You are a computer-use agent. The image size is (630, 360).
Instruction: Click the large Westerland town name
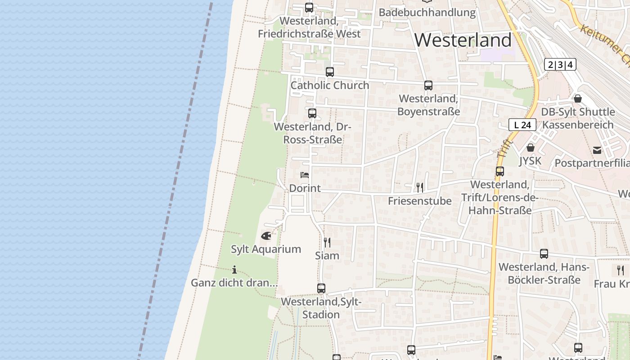[463, 40]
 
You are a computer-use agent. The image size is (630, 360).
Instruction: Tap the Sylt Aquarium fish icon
[266, 236]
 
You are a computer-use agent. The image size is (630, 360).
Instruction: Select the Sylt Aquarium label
[266, 249]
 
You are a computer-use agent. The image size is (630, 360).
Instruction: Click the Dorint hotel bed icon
[305, 175]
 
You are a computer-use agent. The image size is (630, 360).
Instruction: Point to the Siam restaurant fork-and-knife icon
[327, 243]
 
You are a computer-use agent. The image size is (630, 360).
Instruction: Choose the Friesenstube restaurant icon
[419, 188]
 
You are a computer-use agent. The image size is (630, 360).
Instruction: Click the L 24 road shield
[522, 125]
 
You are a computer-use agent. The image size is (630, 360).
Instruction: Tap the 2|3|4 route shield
[560, 65]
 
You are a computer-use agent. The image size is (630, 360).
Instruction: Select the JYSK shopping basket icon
[531, 148]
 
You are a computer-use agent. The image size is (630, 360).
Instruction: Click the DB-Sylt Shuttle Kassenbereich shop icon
[578, 99]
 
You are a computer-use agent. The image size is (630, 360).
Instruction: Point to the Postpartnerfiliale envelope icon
[597, 150]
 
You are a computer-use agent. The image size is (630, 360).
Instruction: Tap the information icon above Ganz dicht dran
[234, 270]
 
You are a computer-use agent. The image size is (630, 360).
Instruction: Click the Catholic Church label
[330, 85]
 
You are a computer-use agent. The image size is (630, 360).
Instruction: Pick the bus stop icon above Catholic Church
[330, 72]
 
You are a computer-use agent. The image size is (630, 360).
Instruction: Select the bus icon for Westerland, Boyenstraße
[428, 85]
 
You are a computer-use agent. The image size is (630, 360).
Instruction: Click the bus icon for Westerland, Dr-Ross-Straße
[312, 113]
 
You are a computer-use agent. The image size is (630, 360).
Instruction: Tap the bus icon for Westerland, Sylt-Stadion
[321, 288]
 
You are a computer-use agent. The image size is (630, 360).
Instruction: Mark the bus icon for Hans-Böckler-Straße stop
[544, 254]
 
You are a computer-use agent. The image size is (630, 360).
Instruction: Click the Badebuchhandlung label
[427, 13]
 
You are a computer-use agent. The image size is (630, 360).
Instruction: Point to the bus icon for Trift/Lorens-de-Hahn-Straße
[500, 171]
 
